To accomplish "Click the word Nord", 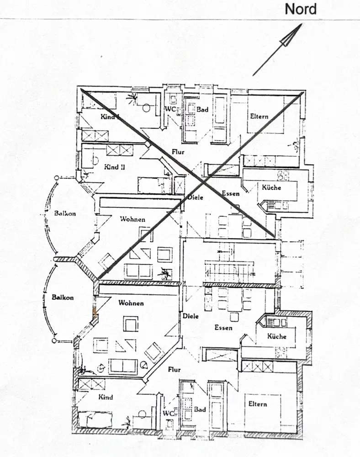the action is pos(301,9).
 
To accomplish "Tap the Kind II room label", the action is pos(114,167).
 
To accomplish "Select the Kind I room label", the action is pos(110,117).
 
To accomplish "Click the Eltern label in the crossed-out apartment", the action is pos(259,117).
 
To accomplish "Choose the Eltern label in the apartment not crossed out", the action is pos(258,404).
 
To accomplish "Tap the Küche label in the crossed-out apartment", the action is pos(271,187).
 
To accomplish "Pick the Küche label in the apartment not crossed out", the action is pos(277,336).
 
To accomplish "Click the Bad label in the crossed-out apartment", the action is pos(202,110).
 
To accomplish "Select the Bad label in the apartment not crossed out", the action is pos(200,409).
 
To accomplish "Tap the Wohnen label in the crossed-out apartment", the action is pos(132,219).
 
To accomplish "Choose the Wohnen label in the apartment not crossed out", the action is pos(131,303).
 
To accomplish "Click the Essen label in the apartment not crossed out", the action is pos(223,328).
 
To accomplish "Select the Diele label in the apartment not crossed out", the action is pos(191,316).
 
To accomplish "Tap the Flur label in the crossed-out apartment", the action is pos(178,151).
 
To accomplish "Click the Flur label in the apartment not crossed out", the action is pos(174,369).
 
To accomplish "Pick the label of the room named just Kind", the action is pos(106,397).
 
